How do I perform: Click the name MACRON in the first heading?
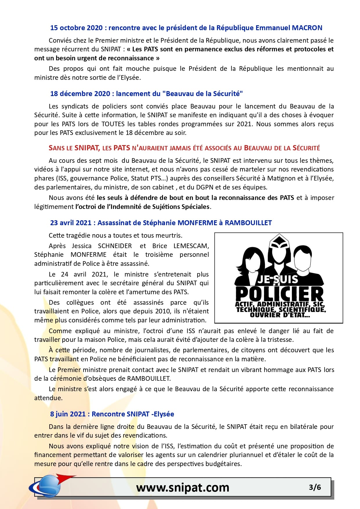[x=307, y=28]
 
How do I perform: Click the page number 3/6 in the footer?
[x=315, y=487]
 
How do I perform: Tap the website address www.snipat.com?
[x=183, y=488]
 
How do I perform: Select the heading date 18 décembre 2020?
[x=80, y=94]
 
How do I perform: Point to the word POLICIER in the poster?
[x=279, y=294]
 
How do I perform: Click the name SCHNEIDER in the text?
[x=115, y=246]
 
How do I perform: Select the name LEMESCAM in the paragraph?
[x=191, y=246]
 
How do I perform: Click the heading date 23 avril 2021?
[x=71, y=223]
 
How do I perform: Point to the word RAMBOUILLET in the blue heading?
[x=248, y=223]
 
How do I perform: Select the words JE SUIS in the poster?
[x=278, y=279]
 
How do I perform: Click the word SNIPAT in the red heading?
[x=87, y=148]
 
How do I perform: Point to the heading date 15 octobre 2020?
[x=77, y=28]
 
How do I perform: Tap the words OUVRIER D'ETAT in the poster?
[x=280, y=315]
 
